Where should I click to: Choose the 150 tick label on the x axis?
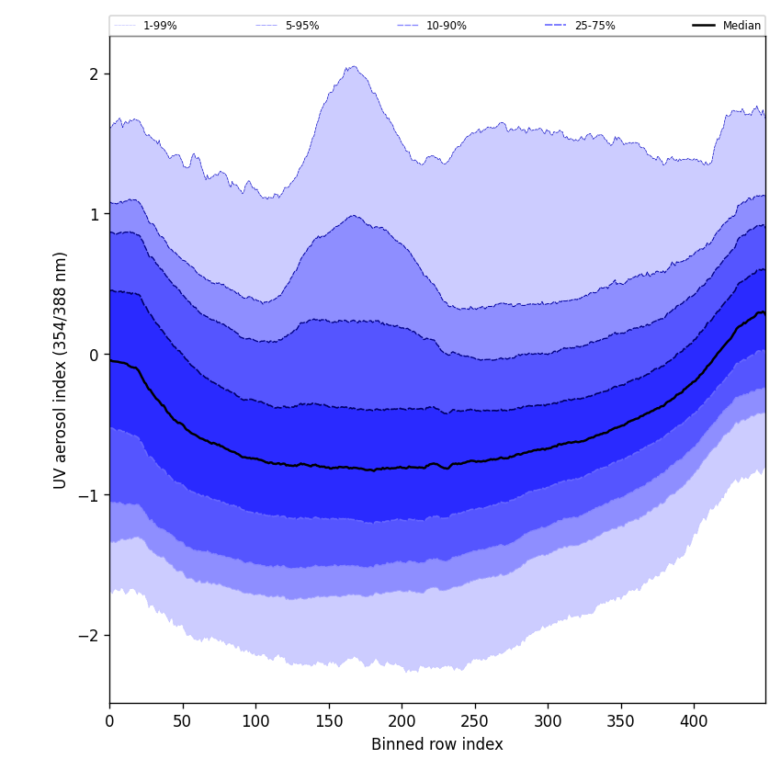tap(329, 721)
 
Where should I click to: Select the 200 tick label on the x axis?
tap(402, 721)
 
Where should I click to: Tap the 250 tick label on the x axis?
tap(475, 721)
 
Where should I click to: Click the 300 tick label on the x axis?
tap(548, 721)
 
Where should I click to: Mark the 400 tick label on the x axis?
tap(694, 721)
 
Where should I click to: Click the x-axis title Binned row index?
tap(437, 744)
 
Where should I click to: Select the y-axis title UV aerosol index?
tap(62, 369)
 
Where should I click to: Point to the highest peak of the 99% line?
tap(354, 66)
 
